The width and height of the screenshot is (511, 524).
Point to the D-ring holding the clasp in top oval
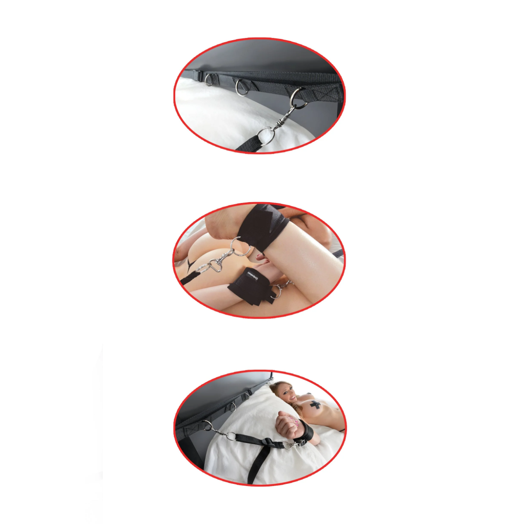[298, 97]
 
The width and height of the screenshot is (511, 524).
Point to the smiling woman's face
[282, 393]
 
